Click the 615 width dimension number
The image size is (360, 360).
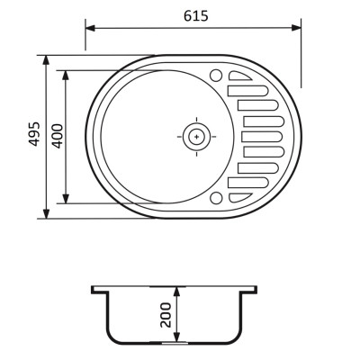(x=195, y=16)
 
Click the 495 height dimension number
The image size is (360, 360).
(x=34, y=134)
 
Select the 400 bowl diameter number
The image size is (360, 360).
(x=58, y=136)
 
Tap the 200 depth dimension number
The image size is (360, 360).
(x=166, y=315)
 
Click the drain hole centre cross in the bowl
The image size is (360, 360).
(x=196, y=137)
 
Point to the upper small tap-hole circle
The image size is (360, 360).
(x=216, y=76)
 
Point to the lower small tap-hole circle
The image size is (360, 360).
(x=216, y=198)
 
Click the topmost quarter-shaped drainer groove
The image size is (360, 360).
(x=240, y=76)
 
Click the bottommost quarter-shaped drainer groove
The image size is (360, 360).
(x=240, y=198)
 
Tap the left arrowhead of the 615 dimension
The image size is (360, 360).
(x=90, y=28)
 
